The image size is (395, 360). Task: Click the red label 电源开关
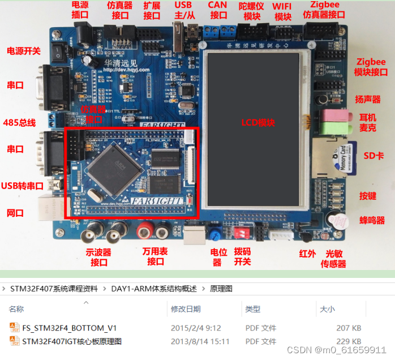pyautogui.click(x=23, y=51)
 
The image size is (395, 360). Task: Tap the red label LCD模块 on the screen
pyautogui.click(x=257, y=122)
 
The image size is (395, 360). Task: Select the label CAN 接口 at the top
pyautogui.click(x=218, y=10)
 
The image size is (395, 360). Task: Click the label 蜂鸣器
pyautogui.click(x=372, y=220)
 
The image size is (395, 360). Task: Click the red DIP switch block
pyautogui.click(x=244, y=233)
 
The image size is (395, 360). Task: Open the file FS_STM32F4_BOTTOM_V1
pyautogui.click(x=69, y=327)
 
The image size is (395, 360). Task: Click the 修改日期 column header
pyautogui.click(x=186, y=309)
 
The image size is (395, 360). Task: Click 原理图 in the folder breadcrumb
pyautogui.click(x=221, y=289)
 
